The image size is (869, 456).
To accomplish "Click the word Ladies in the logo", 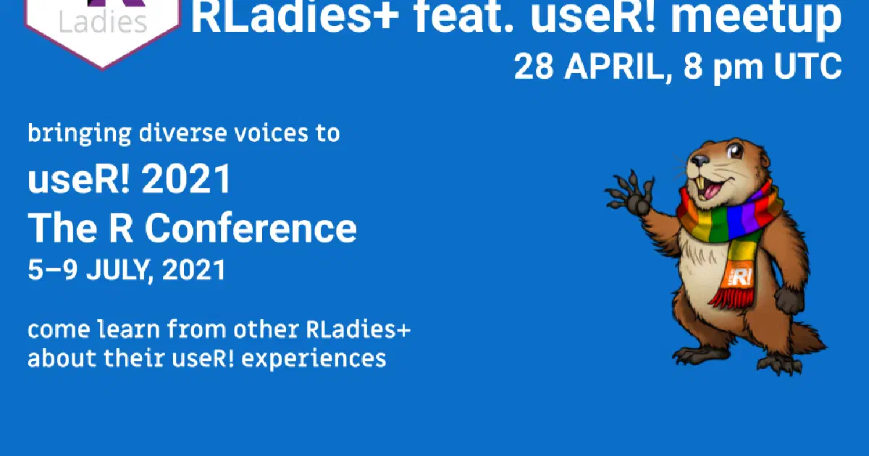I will point(101,24).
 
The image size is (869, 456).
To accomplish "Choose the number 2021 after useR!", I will point(187,180).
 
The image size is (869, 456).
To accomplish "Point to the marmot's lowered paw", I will point(792,300).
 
